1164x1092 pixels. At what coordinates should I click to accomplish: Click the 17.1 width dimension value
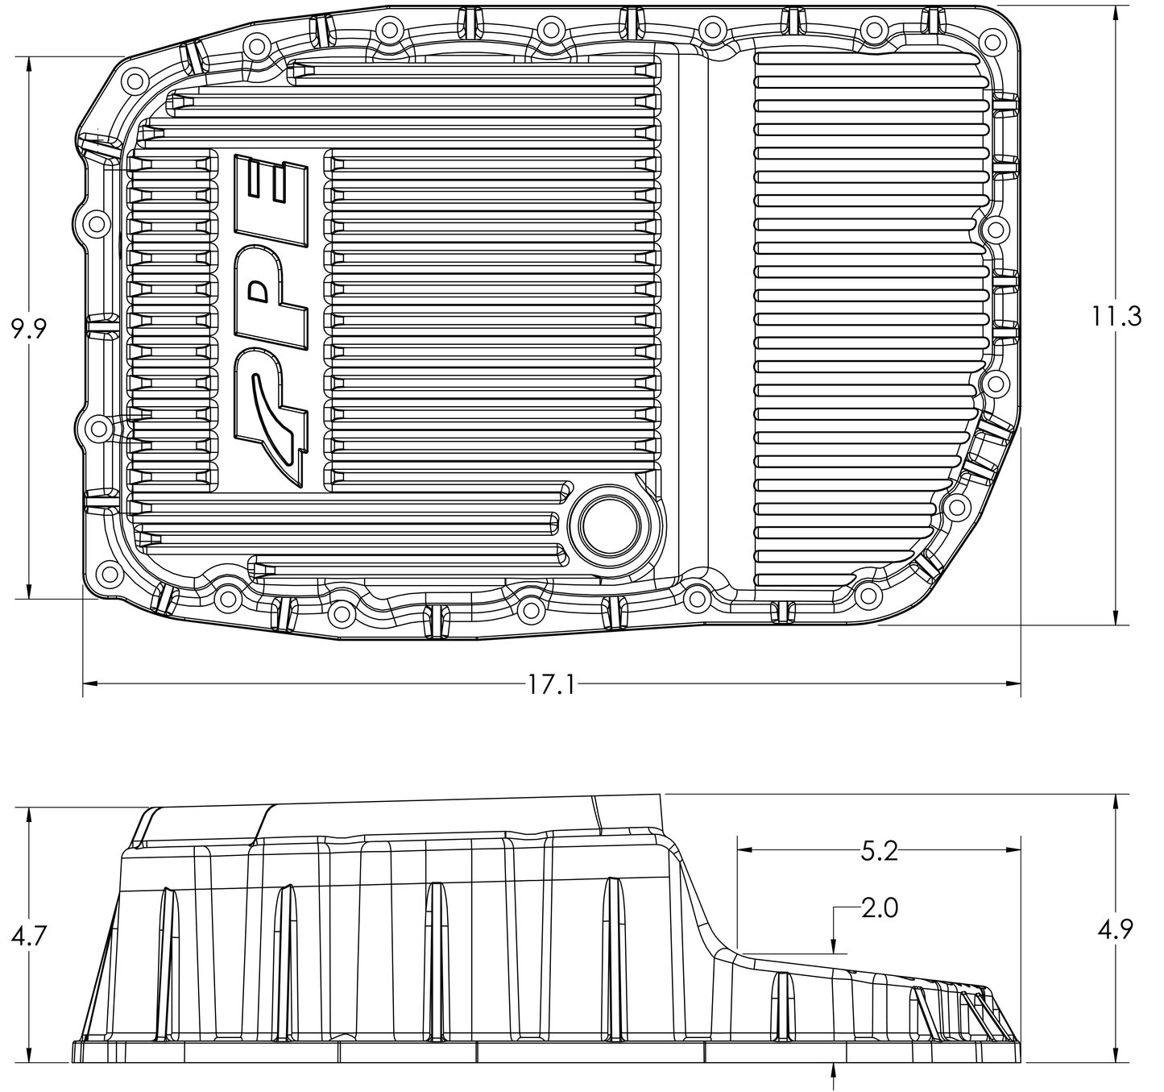click(552, 685)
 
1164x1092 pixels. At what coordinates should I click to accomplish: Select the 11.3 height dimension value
click(1116, 316)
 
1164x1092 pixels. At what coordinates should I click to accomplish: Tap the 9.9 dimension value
click(29, 329)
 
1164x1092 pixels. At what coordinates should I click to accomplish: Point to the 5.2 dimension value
click(879, 851)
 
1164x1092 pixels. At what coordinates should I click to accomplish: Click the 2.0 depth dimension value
click(879, 908)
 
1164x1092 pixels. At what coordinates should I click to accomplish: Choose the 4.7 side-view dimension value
click(29, 936)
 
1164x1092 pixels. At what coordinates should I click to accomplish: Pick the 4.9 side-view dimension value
click(1116, 930)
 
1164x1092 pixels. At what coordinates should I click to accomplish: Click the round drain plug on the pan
click(608, 525)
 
